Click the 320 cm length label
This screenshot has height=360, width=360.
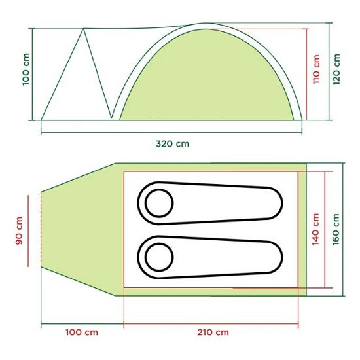click(x=172, y=144)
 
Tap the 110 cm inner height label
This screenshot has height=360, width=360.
click(x=316, y=69)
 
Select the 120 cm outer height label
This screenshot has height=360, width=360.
click(x=336, y=69)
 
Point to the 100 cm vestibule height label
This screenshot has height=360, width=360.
click(x=26, y=69)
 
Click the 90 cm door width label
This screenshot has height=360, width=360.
click(x=19, y=230)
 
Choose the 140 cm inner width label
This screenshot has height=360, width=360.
click(x=315, y=229)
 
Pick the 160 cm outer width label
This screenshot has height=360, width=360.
click(x=336, y=229)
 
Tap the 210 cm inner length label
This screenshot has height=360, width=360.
click(x=213, y=333)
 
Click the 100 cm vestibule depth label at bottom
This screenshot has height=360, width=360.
click(x=82, y=333)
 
